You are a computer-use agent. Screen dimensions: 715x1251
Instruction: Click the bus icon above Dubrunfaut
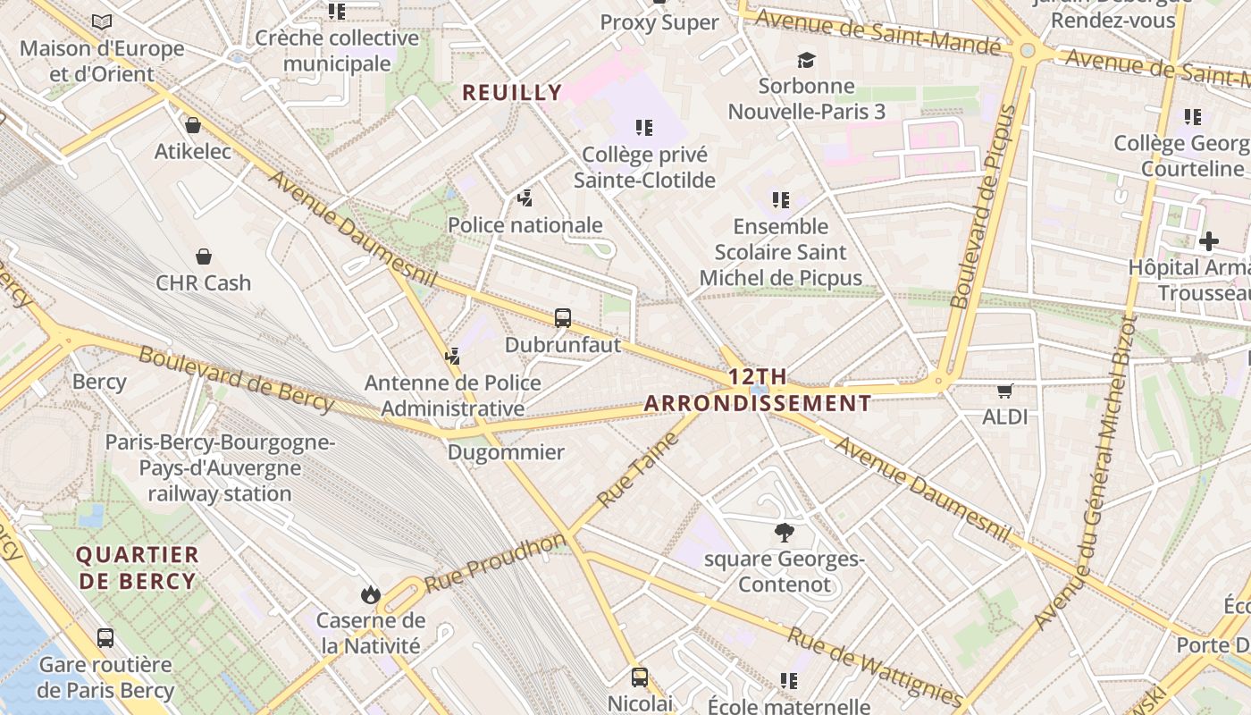point(563,317)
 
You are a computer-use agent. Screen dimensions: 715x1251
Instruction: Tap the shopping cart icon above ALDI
point(1005,390)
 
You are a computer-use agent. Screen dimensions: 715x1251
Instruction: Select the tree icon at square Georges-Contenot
point(785,533)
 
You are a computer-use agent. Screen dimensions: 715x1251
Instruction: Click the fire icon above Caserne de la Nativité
point(370,594)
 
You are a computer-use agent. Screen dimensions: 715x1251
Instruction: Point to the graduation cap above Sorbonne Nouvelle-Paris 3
point(807,60)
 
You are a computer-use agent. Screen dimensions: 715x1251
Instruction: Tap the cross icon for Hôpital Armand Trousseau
point(1208,240)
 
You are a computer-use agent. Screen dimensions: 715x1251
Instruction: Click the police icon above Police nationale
point(525,198)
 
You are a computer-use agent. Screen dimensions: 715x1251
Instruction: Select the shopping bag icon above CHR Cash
point(204,257)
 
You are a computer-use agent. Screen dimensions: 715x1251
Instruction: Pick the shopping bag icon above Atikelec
point(192,125)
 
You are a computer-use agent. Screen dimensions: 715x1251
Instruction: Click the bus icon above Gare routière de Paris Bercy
point(105,638)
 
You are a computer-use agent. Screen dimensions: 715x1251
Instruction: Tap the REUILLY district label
point(512,92)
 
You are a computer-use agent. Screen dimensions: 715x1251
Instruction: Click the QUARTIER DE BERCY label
point(138,568)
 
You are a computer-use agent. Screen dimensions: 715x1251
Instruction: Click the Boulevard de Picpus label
point(985,207)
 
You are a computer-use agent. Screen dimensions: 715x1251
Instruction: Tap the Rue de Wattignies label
point(876,666)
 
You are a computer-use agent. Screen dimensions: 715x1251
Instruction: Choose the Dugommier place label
point(506,452)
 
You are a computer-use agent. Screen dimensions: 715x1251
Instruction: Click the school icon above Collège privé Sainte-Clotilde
point(643,128)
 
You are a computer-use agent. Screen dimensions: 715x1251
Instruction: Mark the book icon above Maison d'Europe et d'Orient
point(102,21)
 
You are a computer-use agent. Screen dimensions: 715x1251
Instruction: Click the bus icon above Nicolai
point(640,677)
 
